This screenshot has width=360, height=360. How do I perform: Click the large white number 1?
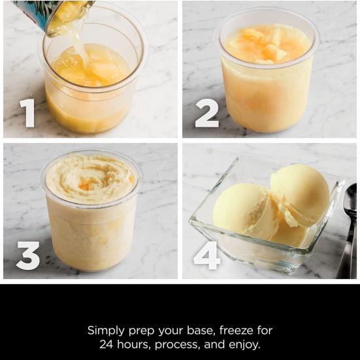pos(27,112)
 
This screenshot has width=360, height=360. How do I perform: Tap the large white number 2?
pos(206,112)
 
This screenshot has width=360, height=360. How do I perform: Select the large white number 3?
pos(27,255)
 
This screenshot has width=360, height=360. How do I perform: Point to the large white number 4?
pos(206,255)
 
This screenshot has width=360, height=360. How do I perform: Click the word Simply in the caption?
pos(106,331)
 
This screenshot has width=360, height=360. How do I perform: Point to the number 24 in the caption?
pos(107,344)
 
